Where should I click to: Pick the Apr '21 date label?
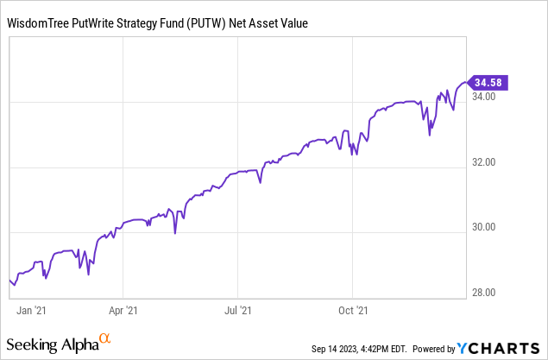point(123,308)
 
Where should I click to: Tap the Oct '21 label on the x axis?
point(353,308)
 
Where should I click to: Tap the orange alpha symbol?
point(104,339)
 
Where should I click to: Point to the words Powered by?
point(434,349)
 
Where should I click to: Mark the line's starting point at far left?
point(9,278)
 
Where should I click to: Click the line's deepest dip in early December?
point(430,136)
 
